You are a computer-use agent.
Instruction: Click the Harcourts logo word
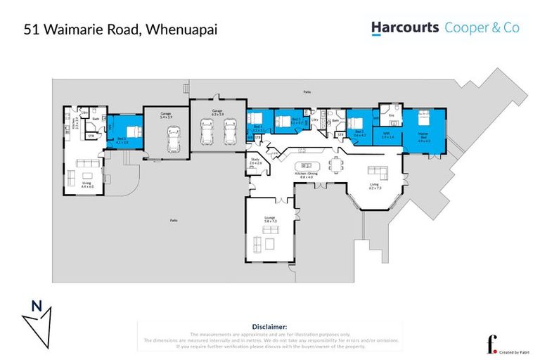coord(405,28)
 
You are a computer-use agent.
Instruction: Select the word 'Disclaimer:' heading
coord(269,327)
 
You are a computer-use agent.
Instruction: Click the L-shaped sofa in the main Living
coord(379,173)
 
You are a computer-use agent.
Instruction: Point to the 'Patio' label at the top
coord(307,91)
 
